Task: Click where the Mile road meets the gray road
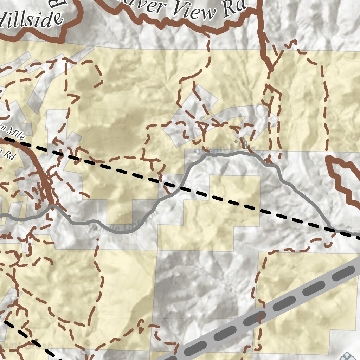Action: pos(52,206)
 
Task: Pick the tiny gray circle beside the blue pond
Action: pos(236,142)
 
